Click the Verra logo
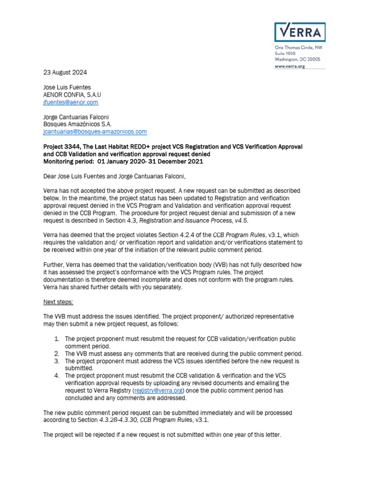tap(299, 32)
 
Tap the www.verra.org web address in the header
tap(290, 66)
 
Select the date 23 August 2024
tap(65, 73)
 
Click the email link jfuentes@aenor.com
tap(71, 102)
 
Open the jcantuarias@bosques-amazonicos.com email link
tap(95, 132)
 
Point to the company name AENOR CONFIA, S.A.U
tap(72, 95)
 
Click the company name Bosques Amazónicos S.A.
tap(77, 124)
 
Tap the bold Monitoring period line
tap(123, 161)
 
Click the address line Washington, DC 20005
tap(297, 59)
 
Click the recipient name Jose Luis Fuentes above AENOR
tap(67, 87)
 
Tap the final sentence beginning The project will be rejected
tap(162, 435)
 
